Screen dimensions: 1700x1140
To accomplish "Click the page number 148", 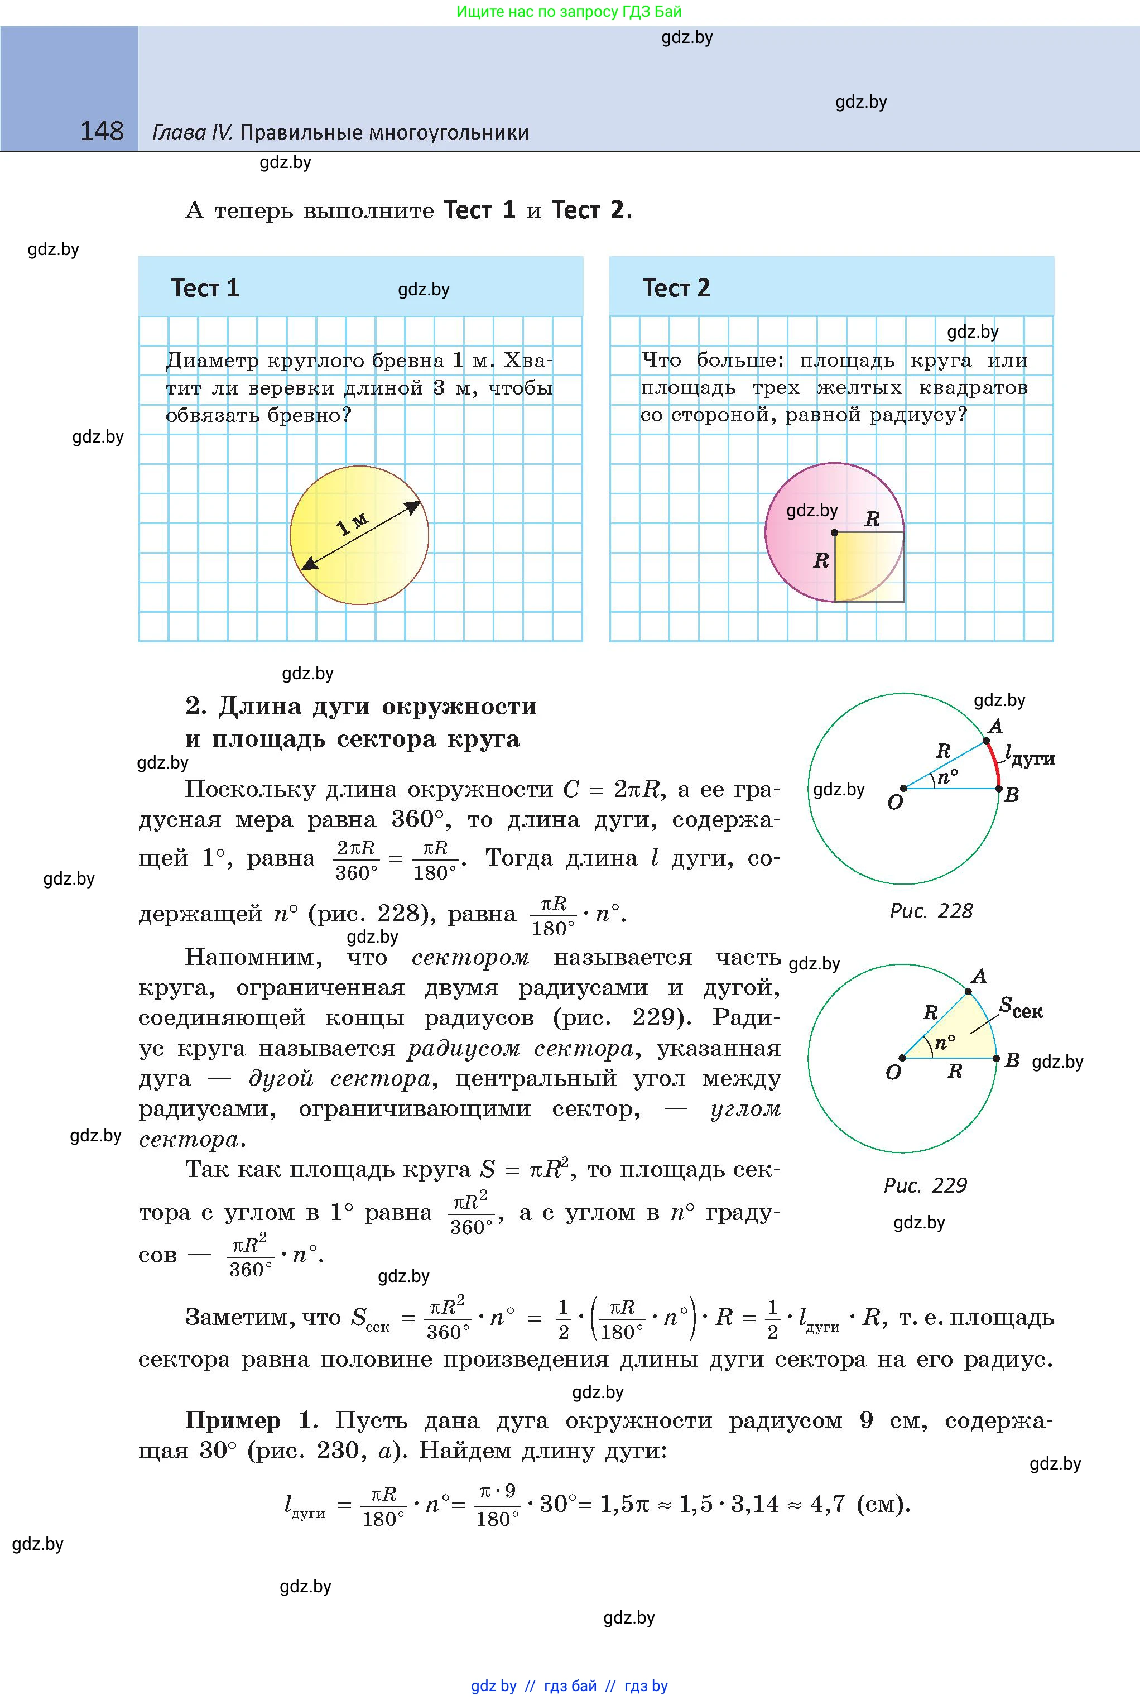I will (102, 131).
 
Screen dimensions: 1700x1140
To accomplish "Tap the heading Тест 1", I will (205, 288).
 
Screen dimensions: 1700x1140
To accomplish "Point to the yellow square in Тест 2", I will (868, 566).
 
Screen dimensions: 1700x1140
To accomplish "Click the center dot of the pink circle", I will (834, 532).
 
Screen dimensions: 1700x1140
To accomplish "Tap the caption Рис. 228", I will (931, 911).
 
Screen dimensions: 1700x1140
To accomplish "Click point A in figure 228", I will (986, 741).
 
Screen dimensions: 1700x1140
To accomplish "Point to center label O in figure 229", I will (893, 1073).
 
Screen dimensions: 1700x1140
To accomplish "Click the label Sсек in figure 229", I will (1021, 1009).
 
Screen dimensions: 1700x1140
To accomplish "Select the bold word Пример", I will (233, 1420).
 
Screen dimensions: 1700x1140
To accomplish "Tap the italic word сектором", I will (470, 958).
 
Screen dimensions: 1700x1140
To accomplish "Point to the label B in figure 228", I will (1011, 795).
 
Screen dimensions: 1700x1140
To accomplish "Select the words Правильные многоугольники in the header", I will (384, 132).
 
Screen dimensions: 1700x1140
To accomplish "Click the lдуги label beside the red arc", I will (1030, 756).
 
